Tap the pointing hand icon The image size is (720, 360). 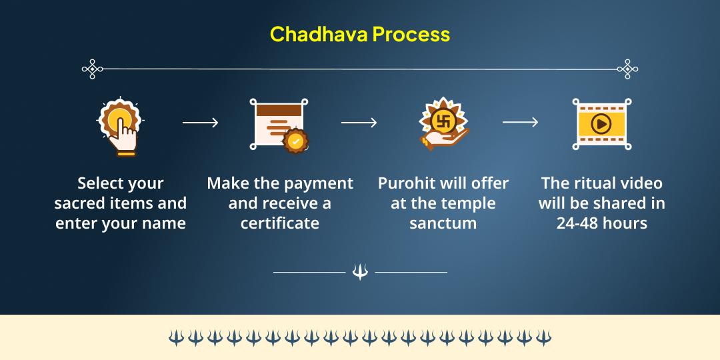[120, 126]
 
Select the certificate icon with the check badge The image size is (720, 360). [279, 124]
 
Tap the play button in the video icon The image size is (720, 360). [601, 124]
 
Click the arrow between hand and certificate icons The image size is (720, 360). [200, 123]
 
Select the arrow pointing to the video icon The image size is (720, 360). [520, 123]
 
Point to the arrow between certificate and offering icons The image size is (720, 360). [359, 123]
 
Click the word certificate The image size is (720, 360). [280, 223]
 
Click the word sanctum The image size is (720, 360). [443, 223]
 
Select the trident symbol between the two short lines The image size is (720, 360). [360, 272]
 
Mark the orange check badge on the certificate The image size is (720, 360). [295, 141]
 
